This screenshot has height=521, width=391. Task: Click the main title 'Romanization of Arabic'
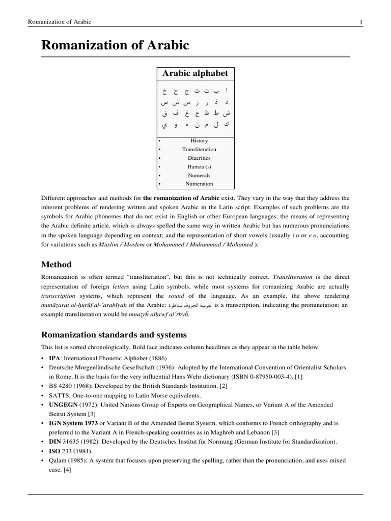tap(115, 45)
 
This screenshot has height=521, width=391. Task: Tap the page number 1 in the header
tap(360, 22)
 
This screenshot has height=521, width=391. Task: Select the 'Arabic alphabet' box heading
tap(195, 73)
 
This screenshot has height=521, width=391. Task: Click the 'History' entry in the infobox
tap(199, 140)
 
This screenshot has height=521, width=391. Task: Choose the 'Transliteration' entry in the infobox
tap(199, 149)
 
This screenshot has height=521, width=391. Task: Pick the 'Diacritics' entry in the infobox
tap(199, 158)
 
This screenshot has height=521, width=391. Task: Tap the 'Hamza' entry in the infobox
tap(199, 166)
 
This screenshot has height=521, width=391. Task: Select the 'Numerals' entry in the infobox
tap(199, 175)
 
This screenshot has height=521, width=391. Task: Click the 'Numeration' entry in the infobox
tap(199, 184)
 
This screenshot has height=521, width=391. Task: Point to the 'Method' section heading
tap(56, 265)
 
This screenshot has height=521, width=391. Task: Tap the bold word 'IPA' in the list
tap(54, 358)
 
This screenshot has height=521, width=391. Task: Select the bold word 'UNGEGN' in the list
tap(63, 404)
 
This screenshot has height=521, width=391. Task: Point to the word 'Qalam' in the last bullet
tap(58, 460)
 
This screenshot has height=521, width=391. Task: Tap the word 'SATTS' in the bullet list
tap(59, 395)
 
